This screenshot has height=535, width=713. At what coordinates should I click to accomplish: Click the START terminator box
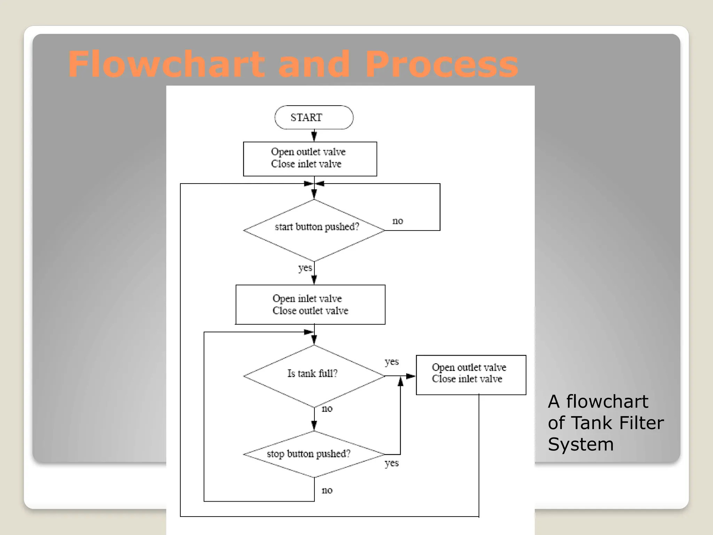tap(314, 117)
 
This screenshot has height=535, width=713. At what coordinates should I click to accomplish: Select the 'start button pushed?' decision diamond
tap(314, 230)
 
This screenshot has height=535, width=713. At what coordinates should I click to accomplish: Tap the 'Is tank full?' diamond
tap(314, 375)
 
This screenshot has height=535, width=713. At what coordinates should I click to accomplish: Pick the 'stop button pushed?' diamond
tap(314, 454)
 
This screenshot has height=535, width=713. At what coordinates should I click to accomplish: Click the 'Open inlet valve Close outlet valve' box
tap(310, 304)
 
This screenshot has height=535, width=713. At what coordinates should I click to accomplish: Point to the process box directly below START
tap(310, 158)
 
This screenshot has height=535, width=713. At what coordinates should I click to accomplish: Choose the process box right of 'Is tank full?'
tap(471, 375)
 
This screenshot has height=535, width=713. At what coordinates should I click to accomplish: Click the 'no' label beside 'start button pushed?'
tap(398, 221)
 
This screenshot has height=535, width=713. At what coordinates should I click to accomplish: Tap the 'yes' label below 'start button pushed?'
tap(305, 268)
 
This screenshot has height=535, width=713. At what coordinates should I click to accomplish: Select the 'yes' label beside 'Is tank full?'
tap(391, 362)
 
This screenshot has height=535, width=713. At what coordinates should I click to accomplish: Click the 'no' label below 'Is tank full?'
tap(327, 409)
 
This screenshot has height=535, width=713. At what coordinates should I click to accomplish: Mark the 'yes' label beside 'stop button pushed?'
tap(391, 463)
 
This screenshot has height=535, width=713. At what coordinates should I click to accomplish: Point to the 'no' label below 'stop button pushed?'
tap(327, 490)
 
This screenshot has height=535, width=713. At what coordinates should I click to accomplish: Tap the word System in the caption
tap(580, 444)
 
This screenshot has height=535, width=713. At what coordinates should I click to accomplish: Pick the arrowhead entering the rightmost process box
tap(411, 376)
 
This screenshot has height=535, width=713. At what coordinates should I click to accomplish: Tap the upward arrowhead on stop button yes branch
tap(400, 382)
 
